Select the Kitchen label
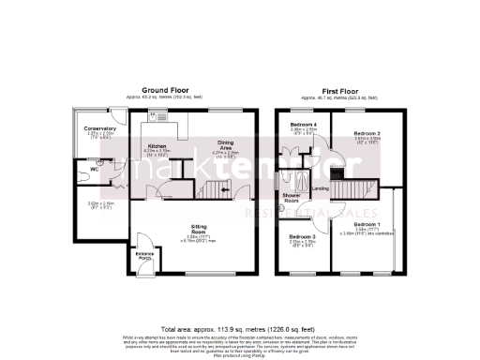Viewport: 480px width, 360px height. click(x=156, y=146)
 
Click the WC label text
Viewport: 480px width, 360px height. click(x=95, y=169)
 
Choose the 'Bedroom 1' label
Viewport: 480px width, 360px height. click(x=367, y=224)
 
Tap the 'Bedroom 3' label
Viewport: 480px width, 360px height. click(x=302, y=235)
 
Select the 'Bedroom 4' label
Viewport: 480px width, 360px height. click(x=302, y=125)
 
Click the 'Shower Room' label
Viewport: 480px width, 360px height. click(x=291, y=198)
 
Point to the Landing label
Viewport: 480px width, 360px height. click(x=320, y=187)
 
